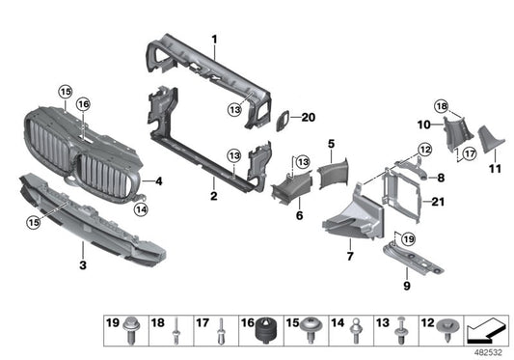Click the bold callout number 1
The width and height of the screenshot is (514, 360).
[x=214, y=39]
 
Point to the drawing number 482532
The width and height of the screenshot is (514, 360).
[x=486, y=351]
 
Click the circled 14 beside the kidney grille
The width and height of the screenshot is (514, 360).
[x=140, y=207]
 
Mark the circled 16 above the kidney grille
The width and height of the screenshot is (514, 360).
[x=83, y=104]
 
